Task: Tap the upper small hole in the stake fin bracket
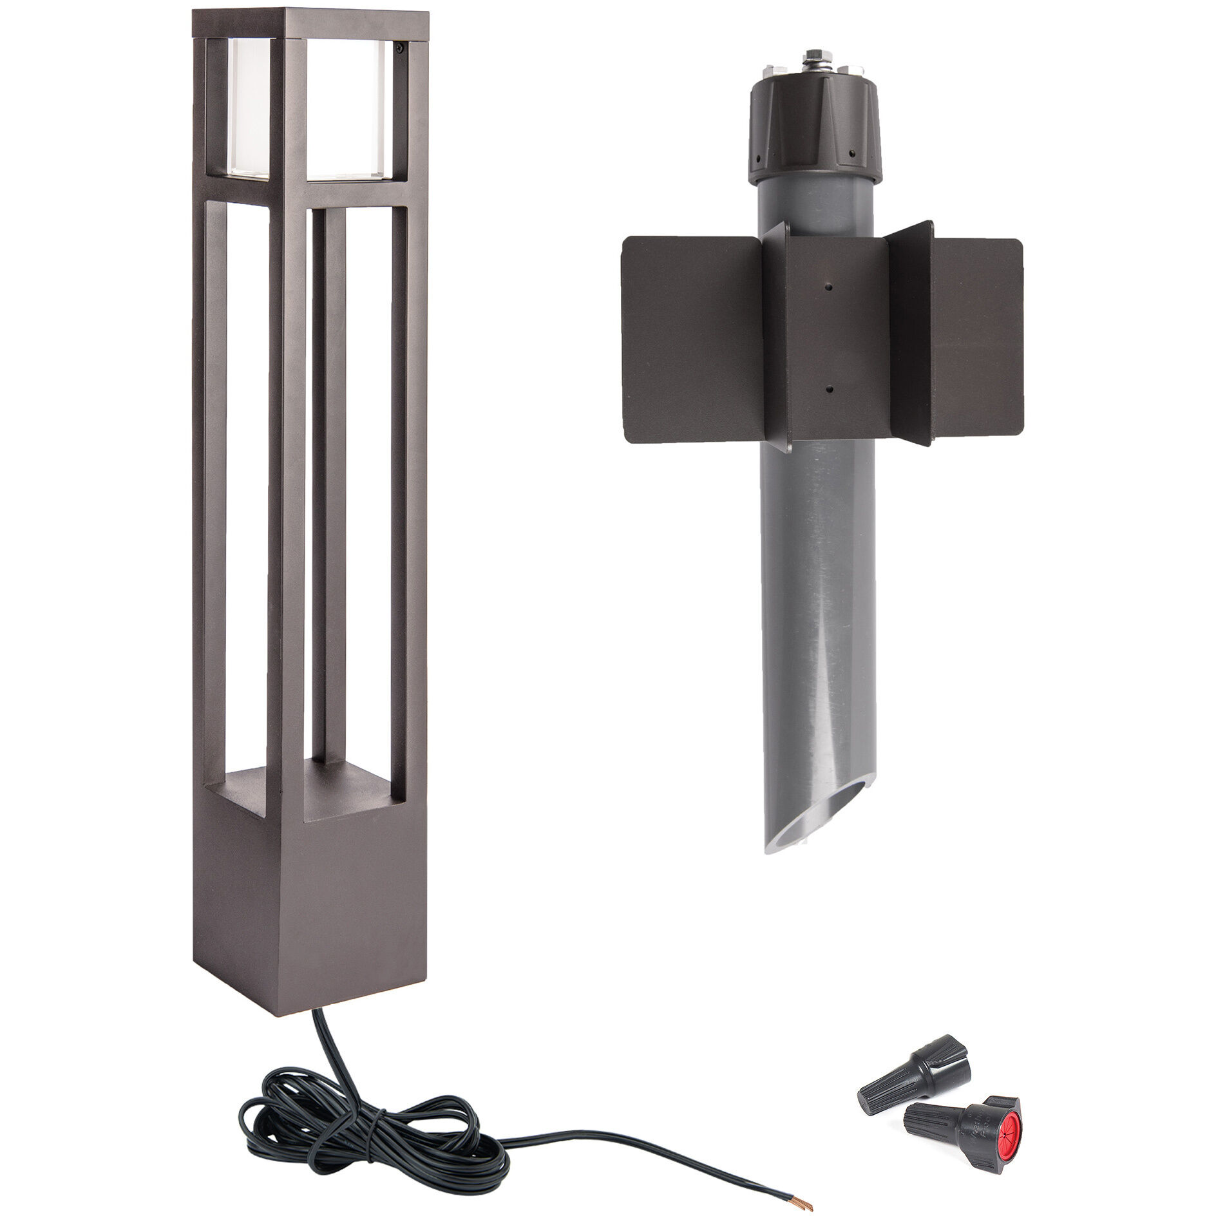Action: (x=830, y=288)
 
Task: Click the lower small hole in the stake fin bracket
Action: (x=830, y=388)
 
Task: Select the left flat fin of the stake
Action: (x=689, y=338)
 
